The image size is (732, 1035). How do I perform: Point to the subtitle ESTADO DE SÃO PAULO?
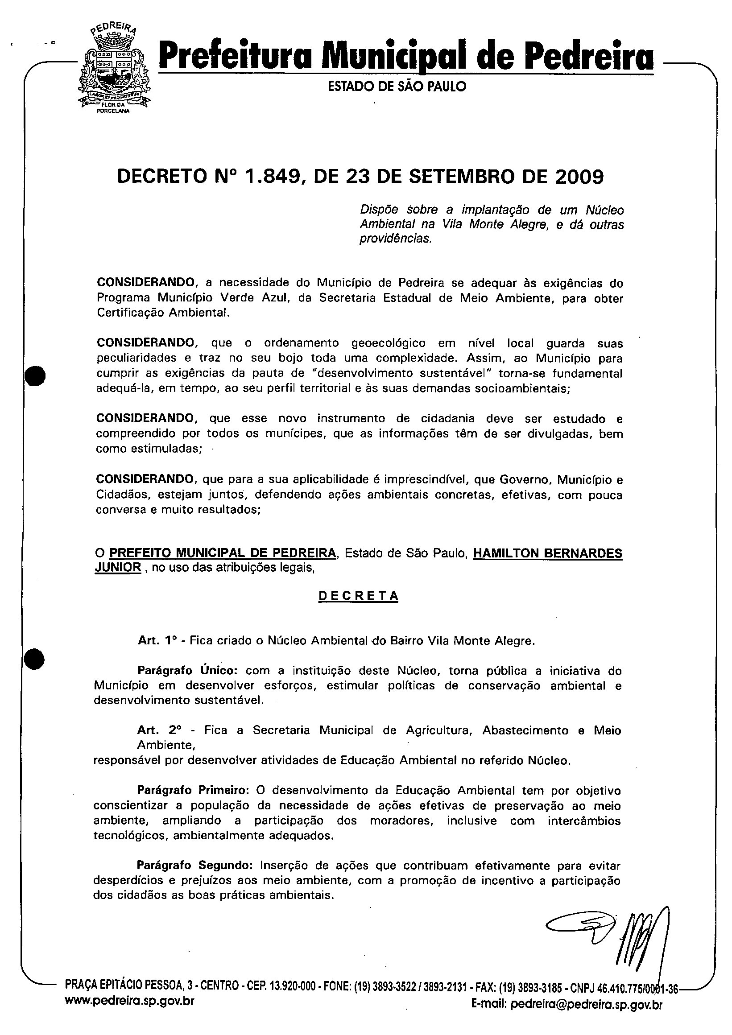click(397, 86)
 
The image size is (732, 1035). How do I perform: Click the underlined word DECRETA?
click(359, 596)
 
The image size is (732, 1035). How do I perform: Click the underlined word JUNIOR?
click(118, 567)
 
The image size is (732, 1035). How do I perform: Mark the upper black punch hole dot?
click(35, 375)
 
